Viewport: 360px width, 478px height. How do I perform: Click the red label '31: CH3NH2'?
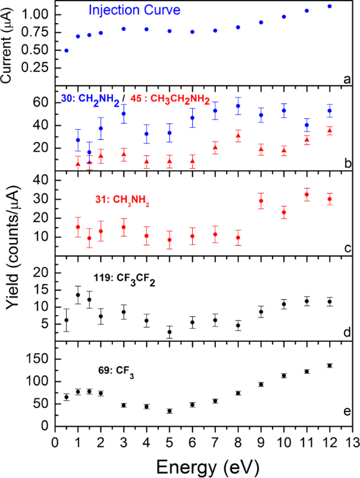coord(120,204)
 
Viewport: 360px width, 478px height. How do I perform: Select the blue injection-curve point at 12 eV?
coord(330,6)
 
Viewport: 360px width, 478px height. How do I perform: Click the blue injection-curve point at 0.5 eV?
coord(66,51)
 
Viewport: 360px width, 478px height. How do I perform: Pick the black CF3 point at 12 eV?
coord(330,366)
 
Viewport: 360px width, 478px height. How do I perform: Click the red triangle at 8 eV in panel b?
coord(238,136)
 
